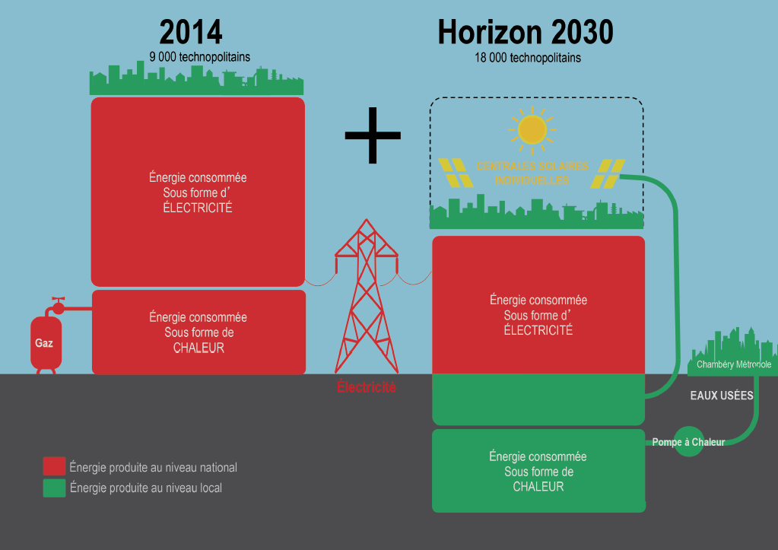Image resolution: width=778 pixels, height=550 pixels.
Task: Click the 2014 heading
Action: point(191,32)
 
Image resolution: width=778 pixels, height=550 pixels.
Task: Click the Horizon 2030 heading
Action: point(526,32)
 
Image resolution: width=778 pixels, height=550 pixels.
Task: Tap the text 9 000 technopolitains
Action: point(199,57)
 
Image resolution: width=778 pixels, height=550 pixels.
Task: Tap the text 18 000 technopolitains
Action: point(528,58)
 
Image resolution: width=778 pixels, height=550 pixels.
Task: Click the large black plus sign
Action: point(373,135)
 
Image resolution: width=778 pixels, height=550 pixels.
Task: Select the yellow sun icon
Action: point(532,130)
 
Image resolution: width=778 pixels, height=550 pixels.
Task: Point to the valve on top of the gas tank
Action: point(58,306)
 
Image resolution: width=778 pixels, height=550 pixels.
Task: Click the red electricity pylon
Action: point(367,297)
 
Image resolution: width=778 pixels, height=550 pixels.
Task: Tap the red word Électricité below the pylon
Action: point(367,387)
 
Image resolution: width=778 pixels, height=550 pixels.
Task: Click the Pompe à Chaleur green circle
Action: point(689,441)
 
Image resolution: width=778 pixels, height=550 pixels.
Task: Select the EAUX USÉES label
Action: point(722,396)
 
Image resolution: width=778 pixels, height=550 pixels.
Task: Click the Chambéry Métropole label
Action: point(734,364)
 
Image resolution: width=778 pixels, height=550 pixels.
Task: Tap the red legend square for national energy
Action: point(54,466)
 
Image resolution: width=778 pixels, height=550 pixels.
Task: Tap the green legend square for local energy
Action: point(54,488)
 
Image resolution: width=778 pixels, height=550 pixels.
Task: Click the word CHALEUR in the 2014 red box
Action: point(198,348)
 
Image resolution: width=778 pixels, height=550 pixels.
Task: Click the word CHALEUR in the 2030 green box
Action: point(538,487)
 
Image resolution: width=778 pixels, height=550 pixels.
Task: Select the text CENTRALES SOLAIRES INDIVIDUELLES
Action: point(532,173)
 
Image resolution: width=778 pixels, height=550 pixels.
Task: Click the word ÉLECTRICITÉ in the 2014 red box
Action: point(198,208)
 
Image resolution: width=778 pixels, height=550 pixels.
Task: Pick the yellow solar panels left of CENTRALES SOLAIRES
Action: point(456,173)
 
